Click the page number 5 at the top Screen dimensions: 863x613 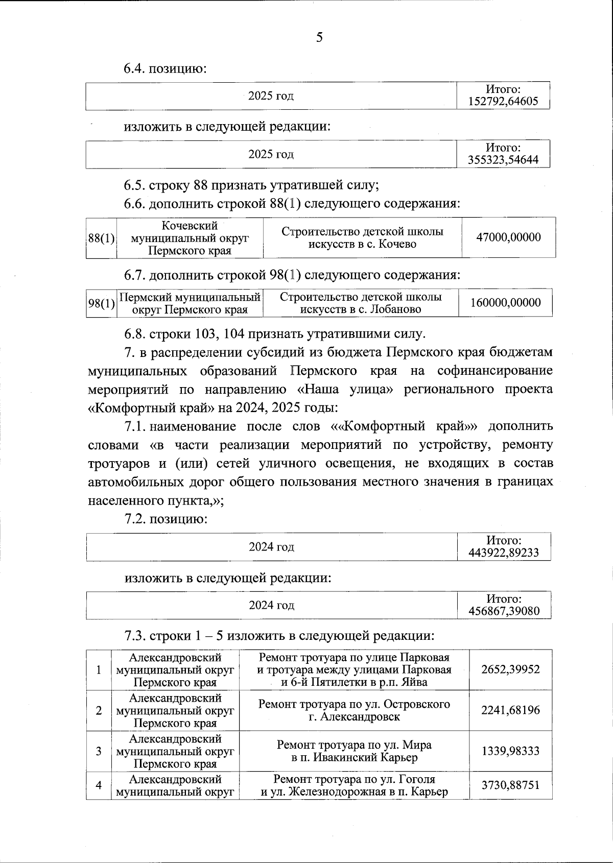click(319, 37)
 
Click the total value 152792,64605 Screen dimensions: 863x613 click(503, 101)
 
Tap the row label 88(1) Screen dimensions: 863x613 click(101, 238)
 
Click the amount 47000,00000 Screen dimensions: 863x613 click(508, 237)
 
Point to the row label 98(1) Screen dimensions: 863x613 click(101, 303)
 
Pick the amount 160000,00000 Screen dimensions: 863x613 click(505, 303)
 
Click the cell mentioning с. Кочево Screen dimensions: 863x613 click(362, 238)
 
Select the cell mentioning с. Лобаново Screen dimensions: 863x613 click(360, 303)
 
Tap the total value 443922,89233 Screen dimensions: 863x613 click(504, 553)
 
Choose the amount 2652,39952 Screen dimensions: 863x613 click(510, 669)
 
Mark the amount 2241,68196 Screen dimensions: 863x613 click(510, 710)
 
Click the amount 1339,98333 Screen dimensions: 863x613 click(510, 751)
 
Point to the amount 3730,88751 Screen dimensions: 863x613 click(510, 785)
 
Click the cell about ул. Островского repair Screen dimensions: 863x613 click(354, 710)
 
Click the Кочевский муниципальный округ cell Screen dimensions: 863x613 click(190, 238)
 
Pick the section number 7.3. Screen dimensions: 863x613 click(135, 636)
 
